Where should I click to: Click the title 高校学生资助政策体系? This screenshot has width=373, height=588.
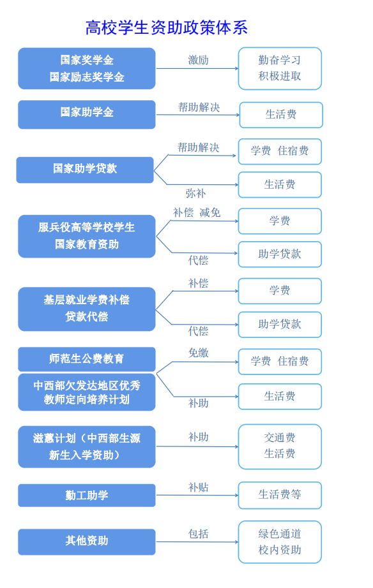[x=167, y=28]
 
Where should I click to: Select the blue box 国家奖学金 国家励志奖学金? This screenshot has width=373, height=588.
[x=87, y=68]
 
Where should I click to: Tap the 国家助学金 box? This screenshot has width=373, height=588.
[x=87, y=114]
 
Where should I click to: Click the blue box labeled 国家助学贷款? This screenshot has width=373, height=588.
[x=85, y=170]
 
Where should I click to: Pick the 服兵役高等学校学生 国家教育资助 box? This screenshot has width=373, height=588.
[x=87, y=236]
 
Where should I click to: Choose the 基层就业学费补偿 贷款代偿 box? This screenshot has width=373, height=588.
[x=87, y=309]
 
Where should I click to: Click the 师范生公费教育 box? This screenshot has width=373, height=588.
[x=87, y=359]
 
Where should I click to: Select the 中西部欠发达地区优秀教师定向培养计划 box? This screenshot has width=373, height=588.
[x=87, y=392]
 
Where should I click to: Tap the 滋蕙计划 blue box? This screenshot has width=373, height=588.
[x=87, y=446]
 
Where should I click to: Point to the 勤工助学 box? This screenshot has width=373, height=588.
[x=87, y=496]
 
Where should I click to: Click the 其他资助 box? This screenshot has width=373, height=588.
[x=87, y=542]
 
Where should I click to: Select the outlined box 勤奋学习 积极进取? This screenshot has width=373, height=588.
[x=280, y=68]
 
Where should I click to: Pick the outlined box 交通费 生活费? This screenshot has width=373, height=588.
[x=280, y=446]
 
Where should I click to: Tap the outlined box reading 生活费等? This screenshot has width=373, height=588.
[x=280, y=496]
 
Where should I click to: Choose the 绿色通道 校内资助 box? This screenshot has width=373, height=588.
[x=280, y=542]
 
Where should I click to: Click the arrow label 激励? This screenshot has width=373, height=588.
[x=199, y=60]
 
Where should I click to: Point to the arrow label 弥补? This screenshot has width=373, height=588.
[x=195, y=193]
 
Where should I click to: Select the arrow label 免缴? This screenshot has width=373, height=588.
[x=199, y=353]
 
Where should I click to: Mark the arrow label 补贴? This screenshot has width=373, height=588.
[x=199, y=487]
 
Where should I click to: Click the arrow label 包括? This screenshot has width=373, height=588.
[x=199, y=534]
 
